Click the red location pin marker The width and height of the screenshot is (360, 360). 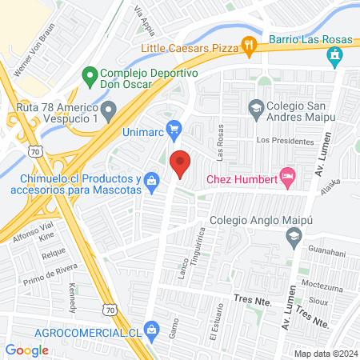pos(180,163)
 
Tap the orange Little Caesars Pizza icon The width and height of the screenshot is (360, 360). pos(249,48)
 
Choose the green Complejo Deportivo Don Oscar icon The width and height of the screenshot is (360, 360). pos(89,78)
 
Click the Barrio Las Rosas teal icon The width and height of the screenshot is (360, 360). pos(334,56)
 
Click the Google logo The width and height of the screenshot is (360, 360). pos(27,350)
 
